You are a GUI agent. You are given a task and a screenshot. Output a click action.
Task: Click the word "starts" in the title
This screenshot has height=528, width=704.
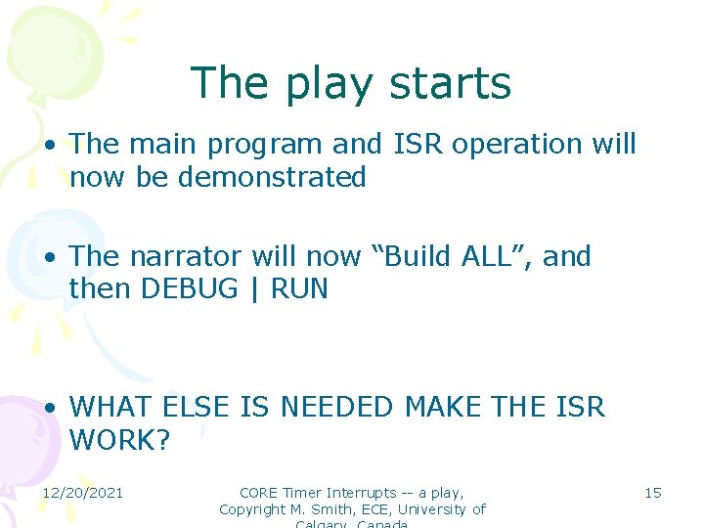point(454,83)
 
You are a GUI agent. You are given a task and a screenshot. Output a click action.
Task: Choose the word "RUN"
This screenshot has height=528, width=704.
point(299,289)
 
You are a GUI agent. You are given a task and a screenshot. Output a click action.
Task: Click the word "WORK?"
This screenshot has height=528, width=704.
point(119,440)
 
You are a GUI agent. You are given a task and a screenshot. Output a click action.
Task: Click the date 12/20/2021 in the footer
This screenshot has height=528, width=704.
point(82,493)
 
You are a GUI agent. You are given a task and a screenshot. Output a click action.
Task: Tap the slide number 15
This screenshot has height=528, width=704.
point(652,493)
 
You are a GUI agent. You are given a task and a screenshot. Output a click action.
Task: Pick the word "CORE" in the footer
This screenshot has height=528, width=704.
point(258,493)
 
